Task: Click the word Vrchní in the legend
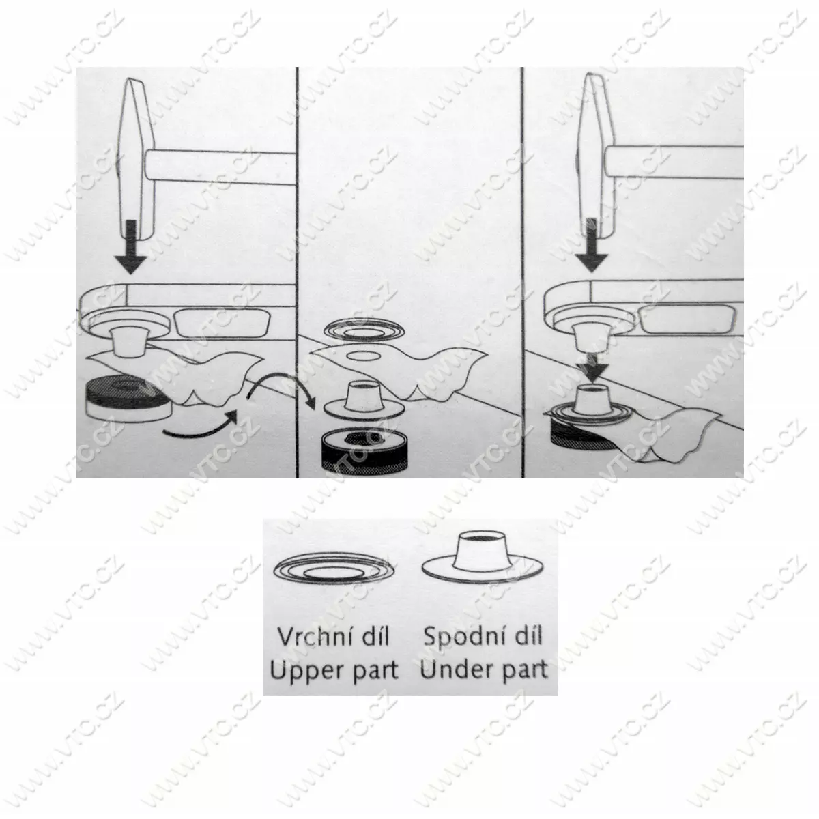312,636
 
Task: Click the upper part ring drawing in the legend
334,570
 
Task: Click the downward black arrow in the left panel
131,247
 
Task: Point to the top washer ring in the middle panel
364,330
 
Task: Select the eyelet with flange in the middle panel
364,398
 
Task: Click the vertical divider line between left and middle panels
297,272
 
